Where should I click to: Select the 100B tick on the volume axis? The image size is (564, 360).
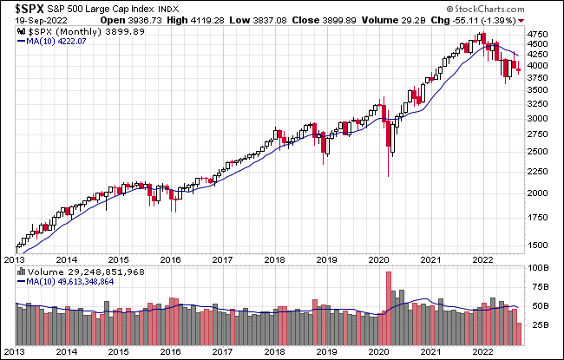coord(541,269)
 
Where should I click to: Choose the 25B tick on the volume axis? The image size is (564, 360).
coord(539,325)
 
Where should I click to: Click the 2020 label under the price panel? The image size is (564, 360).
coord(381,259)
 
